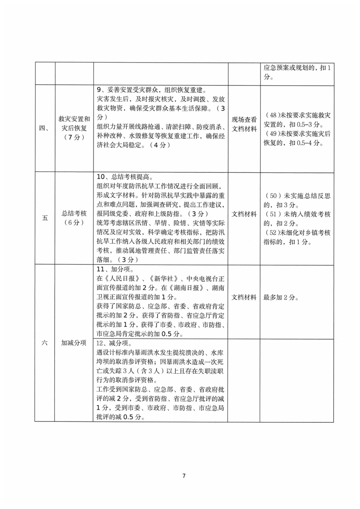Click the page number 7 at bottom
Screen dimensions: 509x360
pyautogui.click(x=184, y=476)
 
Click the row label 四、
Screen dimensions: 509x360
pyautogui.click(x=44, y=127)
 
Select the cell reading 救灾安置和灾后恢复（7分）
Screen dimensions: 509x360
pyautogui.click(x=74, y=127)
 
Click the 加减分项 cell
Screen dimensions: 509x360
pyautogui.click(x=74, y=343)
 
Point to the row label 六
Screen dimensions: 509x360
pyautogui.click(x=44, y=343)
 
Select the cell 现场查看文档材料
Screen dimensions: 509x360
pyautogui.click(x=245, y=123)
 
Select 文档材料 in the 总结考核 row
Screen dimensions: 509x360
pyautogui.click(x=245, y=213)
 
